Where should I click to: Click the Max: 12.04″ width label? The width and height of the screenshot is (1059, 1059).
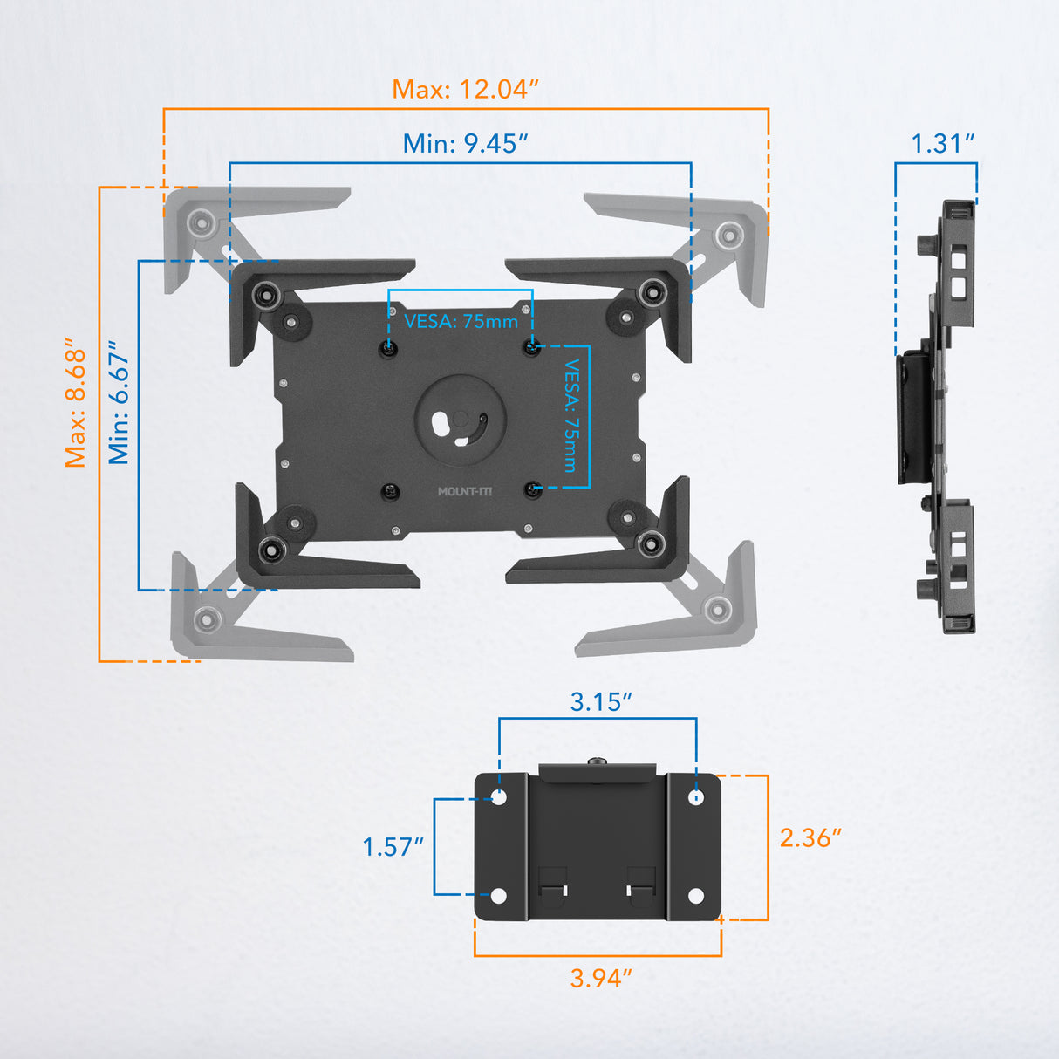(465, 89)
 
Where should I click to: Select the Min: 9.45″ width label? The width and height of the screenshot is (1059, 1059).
(465, 143)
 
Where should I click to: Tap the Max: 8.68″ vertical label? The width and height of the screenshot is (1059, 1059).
(77, 402)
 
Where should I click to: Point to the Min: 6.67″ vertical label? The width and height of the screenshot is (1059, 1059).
(119, 402)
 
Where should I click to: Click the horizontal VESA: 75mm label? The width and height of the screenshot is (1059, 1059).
(461, 321)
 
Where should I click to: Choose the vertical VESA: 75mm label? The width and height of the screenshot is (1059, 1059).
(571, 415)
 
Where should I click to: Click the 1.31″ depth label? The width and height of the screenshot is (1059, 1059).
(942, 143)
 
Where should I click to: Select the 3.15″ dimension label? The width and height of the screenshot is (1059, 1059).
(600, 701)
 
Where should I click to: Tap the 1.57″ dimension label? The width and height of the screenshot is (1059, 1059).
(393, 846)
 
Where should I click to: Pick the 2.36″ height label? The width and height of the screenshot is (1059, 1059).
(810, 837)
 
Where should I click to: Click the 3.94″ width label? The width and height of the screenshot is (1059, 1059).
(600, 978)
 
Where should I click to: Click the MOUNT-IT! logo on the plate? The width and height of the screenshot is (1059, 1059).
(465, 492)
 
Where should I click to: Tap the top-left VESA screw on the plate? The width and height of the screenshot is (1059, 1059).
(389, 349)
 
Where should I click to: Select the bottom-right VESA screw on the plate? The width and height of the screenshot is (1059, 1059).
(533, 491)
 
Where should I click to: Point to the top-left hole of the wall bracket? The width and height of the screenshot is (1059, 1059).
(499, 796)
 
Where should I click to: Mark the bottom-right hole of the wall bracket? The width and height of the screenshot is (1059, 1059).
(695, 896)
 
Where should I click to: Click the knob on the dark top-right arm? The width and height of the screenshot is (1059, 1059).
(650, 293)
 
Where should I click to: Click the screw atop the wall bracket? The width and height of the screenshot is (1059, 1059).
(597, 762)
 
